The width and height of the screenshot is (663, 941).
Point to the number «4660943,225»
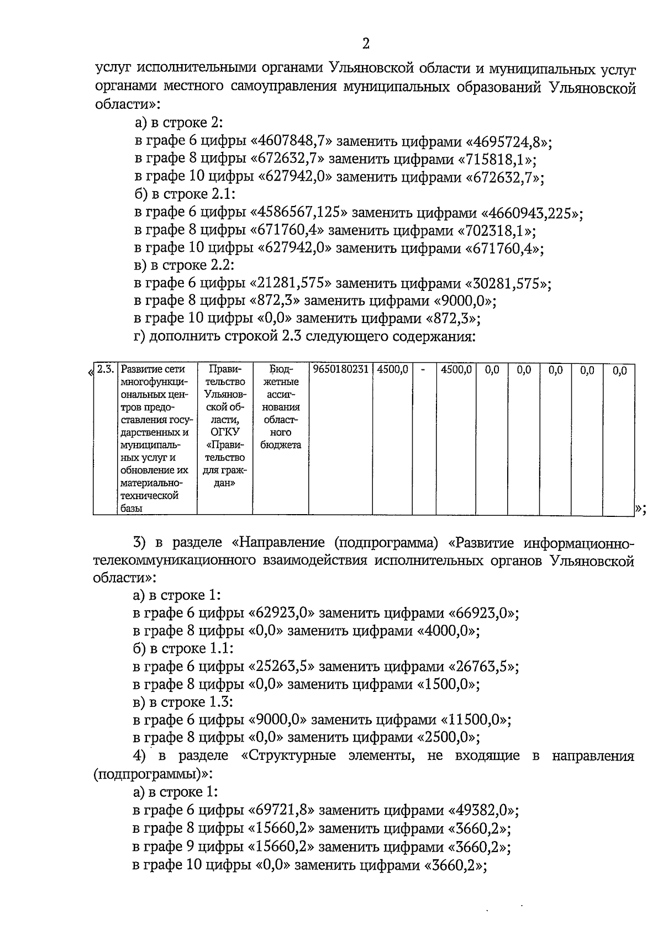[x=533, y=213]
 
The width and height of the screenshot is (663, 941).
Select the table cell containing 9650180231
[x=340, y=369]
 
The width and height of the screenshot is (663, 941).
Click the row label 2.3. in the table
[x=105, y=369]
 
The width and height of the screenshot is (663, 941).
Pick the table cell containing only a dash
[x=423, y=369]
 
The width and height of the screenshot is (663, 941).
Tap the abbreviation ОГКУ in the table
[x=225, y=432]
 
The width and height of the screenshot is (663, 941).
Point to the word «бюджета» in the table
[x=281, y=445]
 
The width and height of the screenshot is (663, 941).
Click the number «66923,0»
[x=483, y=613]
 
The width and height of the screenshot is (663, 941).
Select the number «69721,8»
[x=286, y=811]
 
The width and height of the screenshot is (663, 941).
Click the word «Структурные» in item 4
[x=292, y=756]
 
